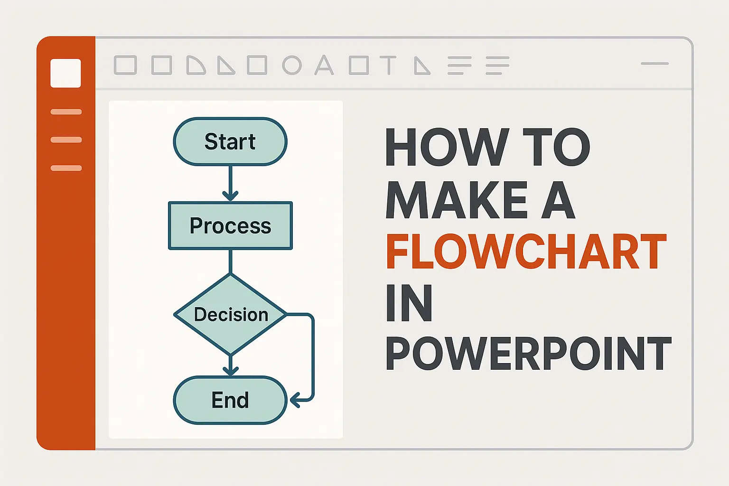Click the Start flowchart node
(x=230, y=141)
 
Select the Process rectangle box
(x=230, y=226)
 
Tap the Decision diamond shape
(x=230, y=315)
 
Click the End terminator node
(x=230, y=400)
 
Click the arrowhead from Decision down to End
(x=230, y=370)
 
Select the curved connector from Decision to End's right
(x=312, y=356)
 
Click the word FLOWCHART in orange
(x=526, y=252)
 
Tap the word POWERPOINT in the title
(x=528, y=354)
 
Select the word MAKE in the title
(x=457, y=200)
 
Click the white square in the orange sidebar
(x=65, y=73)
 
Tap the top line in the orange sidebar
(x=66, y=112)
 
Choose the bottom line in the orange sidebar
(x=66, y=168)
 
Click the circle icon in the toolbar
(x=292, y=65)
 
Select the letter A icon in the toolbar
(x=324, y=65)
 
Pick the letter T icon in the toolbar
(x=388, y=65)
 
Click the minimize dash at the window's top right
(x=654, y=64)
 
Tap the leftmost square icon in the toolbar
(x=125, y=65)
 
